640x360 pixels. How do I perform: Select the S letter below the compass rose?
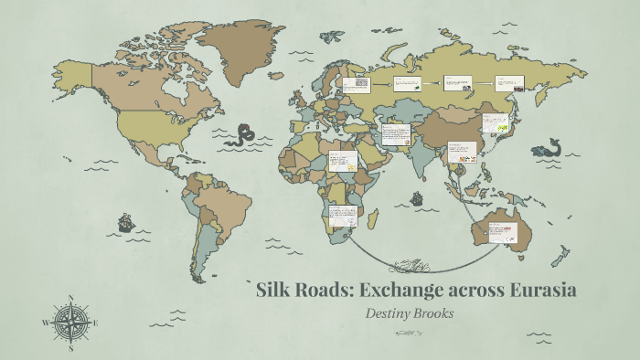click(x=72, y=347)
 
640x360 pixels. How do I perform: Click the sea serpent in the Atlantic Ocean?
click(x=243, y=136)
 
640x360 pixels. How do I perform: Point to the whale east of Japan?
click(x=549, y=146)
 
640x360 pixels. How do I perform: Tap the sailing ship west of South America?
click(x=125, y=222)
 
